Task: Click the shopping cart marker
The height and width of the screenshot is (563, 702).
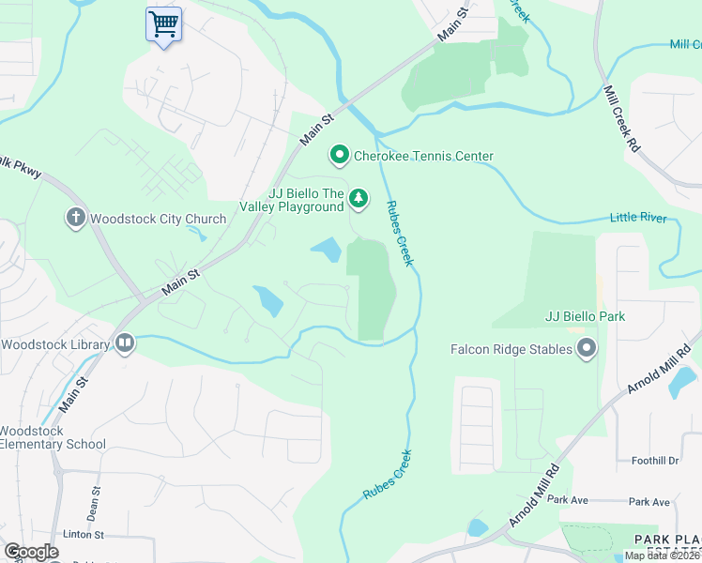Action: pos(163,24)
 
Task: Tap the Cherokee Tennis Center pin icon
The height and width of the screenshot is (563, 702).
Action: pos(339,156)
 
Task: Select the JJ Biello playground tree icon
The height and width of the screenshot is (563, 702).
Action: pos(358,198)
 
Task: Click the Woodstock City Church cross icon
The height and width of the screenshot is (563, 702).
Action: pos(75,219)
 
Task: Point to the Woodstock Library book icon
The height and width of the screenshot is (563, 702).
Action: pos(124,343)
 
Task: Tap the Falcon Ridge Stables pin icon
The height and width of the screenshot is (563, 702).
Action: pos(587,349)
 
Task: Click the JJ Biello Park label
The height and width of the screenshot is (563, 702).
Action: pos(585,316)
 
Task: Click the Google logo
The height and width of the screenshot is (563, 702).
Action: pos(31,552)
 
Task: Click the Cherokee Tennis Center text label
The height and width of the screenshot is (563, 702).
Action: pos(423,156)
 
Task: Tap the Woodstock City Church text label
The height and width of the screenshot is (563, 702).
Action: pos(158,219)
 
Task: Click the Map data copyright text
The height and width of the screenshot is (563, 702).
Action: pos(662,555)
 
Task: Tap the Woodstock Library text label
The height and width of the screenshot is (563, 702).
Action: pos(55,344)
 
